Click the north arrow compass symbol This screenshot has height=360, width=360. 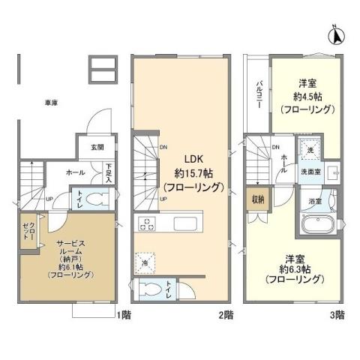coord(337,34)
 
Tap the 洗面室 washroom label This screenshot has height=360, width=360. coord(310,171)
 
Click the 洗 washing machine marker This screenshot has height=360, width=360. coord(309,150)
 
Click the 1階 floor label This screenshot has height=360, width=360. coord(123,315)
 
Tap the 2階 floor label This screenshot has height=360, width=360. coord(226,315)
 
